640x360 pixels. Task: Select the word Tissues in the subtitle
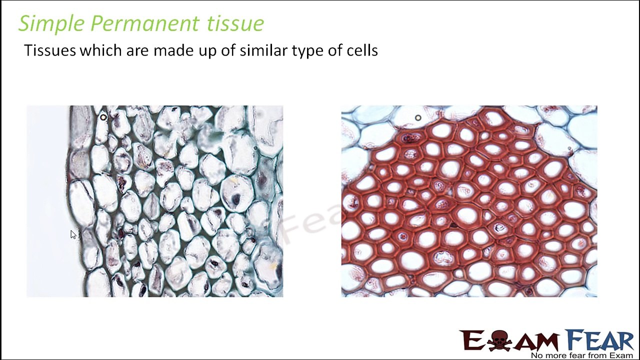(50, 50)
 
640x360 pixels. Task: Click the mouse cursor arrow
(73, 234)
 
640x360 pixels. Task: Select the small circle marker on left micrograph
(103, 117)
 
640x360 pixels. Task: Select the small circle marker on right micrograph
(418, 118)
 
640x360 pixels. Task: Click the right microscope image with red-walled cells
(469, 201)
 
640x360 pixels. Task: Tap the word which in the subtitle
(100, 50)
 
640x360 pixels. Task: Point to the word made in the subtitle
(173, 50)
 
